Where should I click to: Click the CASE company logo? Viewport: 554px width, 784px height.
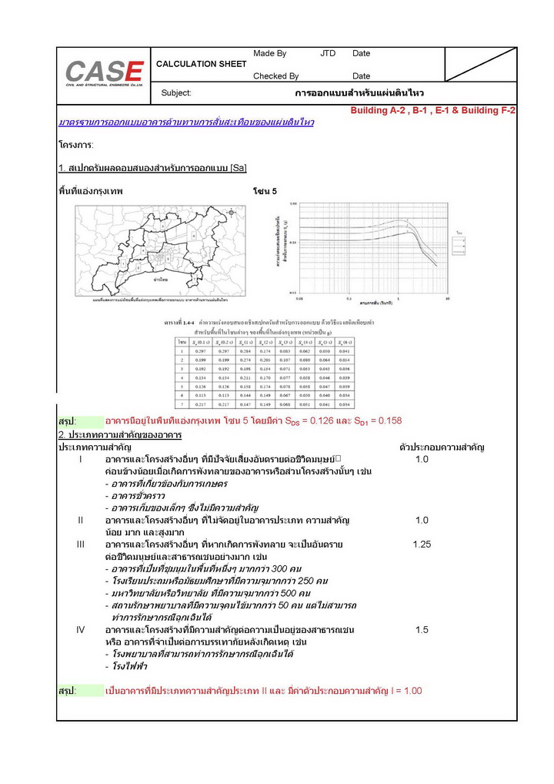click(104, 72)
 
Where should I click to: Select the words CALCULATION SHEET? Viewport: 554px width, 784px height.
click(201, 64)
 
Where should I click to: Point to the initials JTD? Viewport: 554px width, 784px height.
click(328, 54)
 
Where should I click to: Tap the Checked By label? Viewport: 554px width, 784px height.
click(275, 76)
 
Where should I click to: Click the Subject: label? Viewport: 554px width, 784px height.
click(176, 93)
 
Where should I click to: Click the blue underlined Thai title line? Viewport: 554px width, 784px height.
click(186, 122)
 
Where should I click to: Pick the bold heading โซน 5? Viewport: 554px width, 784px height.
click(265, 190)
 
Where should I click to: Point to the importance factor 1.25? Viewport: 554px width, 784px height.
click(422, 544)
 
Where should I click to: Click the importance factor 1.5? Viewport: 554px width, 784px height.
click(422, 630)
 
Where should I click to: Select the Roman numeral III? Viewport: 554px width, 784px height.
click(80, 544)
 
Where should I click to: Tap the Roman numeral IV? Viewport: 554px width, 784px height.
click(80, 630)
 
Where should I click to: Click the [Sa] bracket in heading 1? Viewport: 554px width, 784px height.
click(239, 168)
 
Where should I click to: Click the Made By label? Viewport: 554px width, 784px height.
click(269, 54)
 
